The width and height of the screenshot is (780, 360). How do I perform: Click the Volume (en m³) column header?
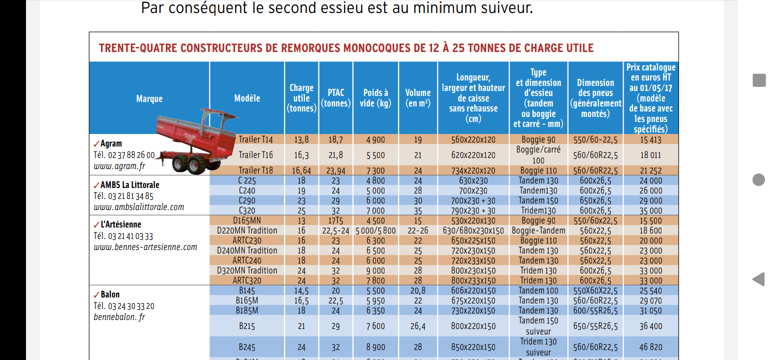point(418,98)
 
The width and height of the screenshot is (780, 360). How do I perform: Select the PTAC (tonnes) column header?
point(335,98)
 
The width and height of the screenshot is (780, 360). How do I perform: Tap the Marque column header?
point(149,98)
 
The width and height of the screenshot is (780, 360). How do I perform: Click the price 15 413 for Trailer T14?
point(650,140)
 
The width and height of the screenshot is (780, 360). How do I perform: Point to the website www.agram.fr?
point(119,166)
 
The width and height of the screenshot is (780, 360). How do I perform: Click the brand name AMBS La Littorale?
point(129,185)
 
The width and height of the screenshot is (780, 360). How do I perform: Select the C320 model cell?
point(247,210)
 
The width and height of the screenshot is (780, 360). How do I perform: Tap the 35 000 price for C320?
point(650,210)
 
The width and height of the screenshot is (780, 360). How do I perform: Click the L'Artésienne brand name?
point(120,225)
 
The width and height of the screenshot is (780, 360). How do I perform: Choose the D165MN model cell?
point(247,220)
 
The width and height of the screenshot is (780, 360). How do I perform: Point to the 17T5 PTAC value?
point(335,220)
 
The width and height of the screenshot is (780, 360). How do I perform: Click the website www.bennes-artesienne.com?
point(145,247)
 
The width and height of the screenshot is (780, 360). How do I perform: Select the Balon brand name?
point(110,294)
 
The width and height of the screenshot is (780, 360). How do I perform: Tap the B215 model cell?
point(247,326)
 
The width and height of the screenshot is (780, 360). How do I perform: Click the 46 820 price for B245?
point(650,347)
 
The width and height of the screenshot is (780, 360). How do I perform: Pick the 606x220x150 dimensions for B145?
point(473,290)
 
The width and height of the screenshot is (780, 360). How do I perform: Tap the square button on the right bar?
point(759,80)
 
